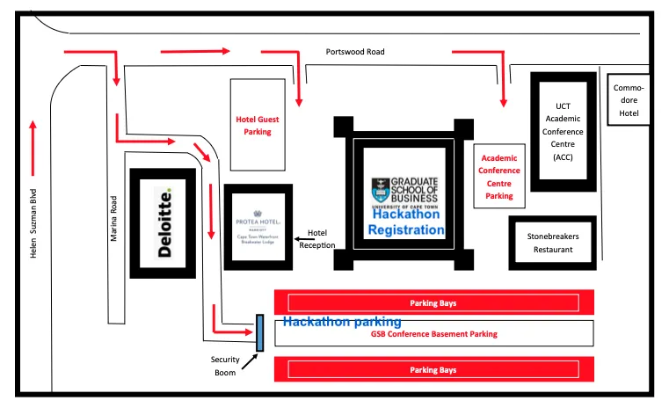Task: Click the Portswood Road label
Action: coord(354,52)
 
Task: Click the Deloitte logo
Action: coord(163,222)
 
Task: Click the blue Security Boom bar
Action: coord(259,332)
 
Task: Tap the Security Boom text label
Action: coord(226,365)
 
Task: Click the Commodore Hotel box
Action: coord(629,99)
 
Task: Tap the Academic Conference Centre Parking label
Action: coord(498,177)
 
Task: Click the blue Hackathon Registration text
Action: coord(406,222)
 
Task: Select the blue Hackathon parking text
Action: coord(342,322)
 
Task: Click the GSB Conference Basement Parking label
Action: coord(434,334)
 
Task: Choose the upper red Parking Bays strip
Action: coord(434,302)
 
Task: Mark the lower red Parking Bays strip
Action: coord(434,370)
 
